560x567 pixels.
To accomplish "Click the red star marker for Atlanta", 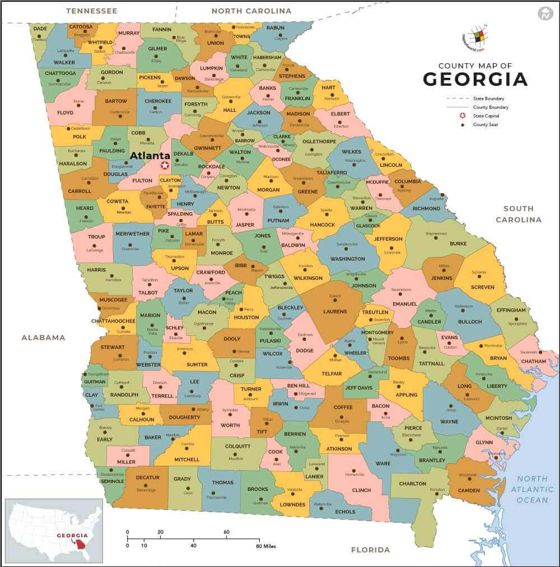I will (x=164, y=166).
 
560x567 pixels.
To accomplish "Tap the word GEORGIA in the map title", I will (x=475, y=79).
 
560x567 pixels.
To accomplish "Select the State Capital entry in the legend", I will (x=486, y=116).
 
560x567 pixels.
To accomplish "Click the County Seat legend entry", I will (x=485, y=125).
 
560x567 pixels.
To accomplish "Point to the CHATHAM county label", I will (x=533, y=362).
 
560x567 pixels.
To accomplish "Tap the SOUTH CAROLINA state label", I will (x=518, y=214).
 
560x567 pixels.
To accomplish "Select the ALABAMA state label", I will (x=43, y=338).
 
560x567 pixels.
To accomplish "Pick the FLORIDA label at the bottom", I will (x=370, y=550).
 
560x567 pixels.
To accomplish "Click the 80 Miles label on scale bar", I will (x=266, y=546).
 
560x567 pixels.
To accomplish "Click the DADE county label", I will (x=40, y=28).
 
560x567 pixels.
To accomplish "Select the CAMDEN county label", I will (x=469, y=490).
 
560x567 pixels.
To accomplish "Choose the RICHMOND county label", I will (x=426, y=209).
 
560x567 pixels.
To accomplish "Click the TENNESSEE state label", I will (x=91, y=11).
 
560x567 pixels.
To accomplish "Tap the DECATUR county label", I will (x=147, y=478).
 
